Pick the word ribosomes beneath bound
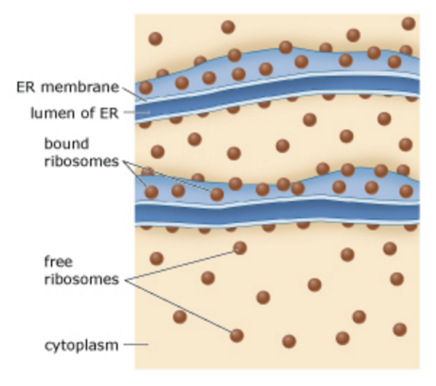tap(80, 161)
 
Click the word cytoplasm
tap(80, 344)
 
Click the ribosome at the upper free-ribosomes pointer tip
tap(240, 248)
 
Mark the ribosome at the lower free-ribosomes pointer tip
tap(235, 336)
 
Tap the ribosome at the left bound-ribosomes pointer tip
tap(151, 192)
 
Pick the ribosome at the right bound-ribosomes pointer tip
tap(217, 194)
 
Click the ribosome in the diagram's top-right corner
tap(408, 23)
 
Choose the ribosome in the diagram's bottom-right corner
tap(399, 329)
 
